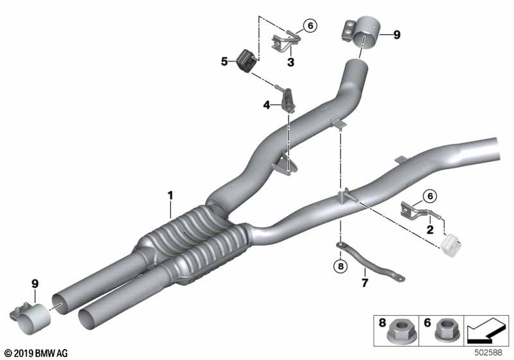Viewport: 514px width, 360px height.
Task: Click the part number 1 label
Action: (171, 194)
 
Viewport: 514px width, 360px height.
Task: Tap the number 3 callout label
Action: (290, 62)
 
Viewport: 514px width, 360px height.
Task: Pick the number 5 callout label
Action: (224, 62)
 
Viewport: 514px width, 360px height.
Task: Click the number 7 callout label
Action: (364, 282)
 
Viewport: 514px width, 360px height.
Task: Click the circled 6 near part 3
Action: (310, 26)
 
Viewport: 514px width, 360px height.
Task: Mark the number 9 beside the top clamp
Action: (396, 35)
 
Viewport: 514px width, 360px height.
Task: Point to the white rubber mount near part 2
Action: (452, 242)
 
